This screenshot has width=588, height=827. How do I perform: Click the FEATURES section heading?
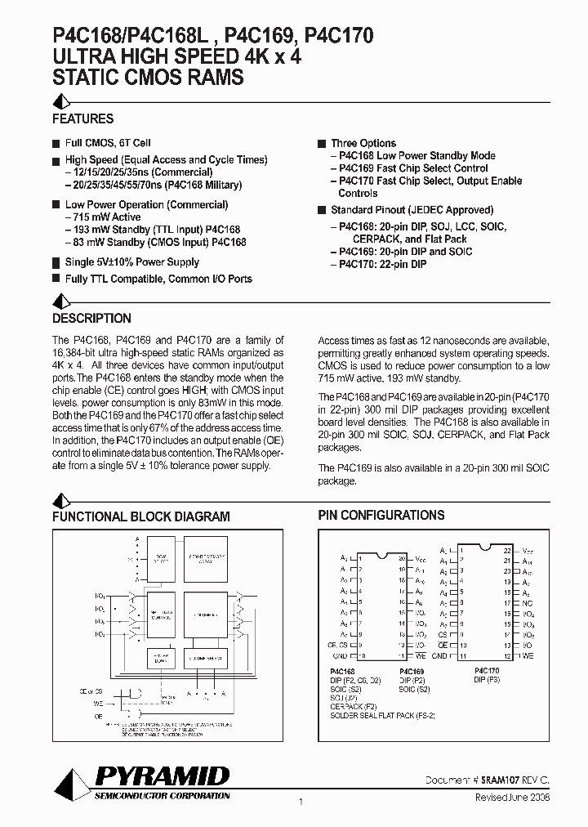(x=82, y=118)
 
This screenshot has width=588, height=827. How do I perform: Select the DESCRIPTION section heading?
(x=91, y=319)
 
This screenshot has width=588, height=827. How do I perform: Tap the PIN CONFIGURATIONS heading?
(x=381, y=515)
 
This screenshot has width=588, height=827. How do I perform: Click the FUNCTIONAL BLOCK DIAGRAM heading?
(x=140, y=516)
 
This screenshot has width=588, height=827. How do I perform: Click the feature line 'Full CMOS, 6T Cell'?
(x=108, y=143)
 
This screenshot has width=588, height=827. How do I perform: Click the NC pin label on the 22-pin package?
(x=529, y=603)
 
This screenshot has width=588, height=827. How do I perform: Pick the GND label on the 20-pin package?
(x=340, y=656)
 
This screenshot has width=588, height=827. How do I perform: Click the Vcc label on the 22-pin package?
(x=528, y=552)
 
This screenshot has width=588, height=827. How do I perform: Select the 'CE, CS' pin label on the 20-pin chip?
(x=336, y=646)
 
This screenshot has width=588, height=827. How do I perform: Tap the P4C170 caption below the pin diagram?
(x=487, y=670)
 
